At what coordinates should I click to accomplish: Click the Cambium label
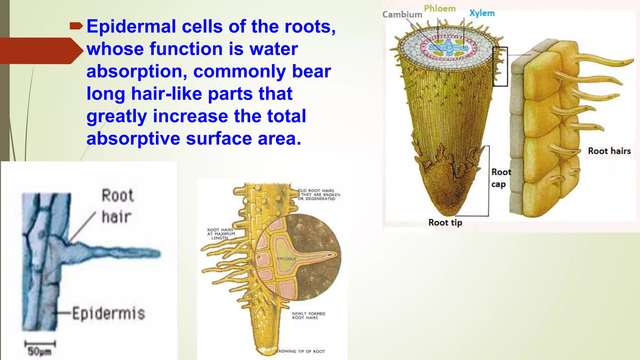click(402, 15)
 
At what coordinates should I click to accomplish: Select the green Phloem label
click(440, 9)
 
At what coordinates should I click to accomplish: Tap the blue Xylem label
click(482, 13)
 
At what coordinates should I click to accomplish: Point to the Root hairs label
click(609, 151)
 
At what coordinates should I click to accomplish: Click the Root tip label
click(445, 223)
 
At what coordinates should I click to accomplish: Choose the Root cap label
click(501, 178)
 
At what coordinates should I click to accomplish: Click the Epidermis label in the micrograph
click(108, 313)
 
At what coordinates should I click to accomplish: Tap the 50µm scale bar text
click(39, 352)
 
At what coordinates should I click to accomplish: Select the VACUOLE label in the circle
click(286, 259)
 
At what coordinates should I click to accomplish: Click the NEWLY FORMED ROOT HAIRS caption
click(308, 316)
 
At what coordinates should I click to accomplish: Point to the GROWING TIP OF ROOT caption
click(300, 351)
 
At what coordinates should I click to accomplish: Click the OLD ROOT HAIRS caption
click(318, 194)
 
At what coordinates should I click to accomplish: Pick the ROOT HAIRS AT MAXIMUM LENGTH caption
click(221, 234)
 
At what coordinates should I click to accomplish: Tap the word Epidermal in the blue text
click(131, 26)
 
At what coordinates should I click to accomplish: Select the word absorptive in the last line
click(133, 138)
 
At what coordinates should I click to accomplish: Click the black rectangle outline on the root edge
click(500, 66)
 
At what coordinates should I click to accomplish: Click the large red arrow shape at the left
click(41, 51)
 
